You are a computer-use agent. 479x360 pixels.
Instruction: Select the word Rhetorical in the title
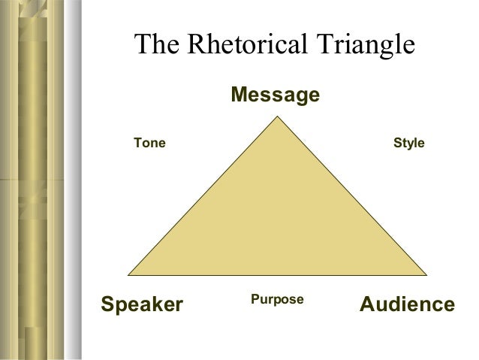coord(243,46)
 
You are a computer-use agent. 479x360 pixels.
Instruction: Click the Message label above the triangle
coord(275,95)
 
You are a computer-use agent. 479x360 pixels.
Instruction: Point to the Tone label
coord(149,142)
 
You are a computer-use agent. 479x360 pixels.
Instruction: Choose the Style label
coord(409,142)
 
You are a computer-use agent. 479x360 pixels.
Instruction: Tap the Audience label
coord(407,304)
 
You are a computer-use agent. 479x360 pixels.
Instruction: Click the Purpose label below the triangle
coord(276,299)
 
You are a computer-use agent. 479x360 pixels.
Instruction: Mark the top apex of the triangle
coord(277,116)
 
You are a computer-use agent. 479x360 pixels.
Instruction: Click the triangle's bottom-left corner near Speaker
coord(130,274)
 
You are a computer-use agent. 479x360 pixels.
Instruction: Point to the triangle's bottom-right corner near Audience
coord(426,274)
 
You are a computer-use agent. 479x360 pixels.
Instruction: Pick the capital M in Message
coord(239,95)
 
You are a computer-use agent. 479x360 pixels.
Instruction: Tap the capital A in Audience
coord(368,304)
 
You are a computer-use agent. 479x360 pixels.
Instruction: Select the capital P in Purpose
coord(254,299)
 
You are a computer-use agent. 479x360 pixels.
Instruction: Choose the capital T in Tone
coord(137,142)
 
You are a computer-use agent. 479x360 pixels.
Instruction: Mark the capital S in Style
coord(397,142)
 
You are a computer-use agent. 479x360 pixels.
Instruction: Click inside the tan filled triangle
coord(277,218)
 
